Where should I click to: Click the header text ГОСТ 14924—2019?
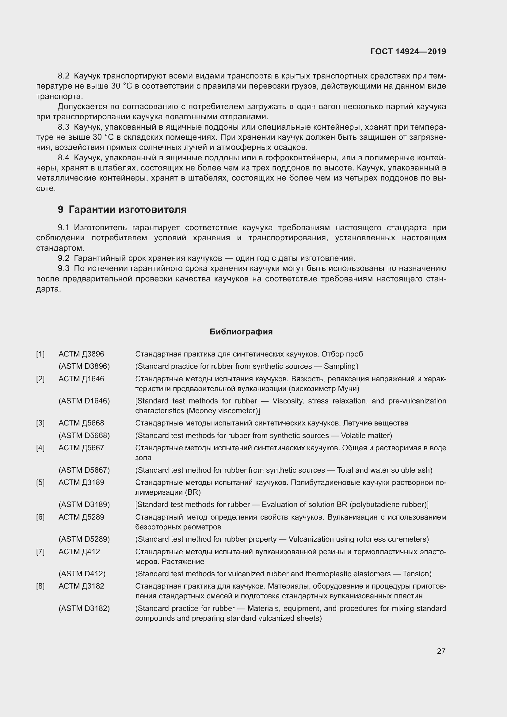click(x=408, y=51)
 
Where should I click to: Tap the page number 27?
click(x=441, y=651)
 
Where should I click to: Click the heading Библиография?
click(x=241, y=332)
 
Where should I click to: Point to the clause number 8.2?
click(x=64, y=76)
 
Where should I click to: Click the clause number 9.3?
click(x=64, y=268)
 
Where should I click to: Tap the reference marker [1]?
click(x=40, y=354)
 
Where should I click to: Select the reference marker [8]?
click(x=40, y=586)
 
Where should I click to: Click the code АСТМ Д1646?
click(x=81, y=379)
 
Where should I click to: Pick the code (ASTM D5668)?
click(x=84, y=435)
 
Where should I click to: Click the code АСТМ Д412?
click(x=79, y=551)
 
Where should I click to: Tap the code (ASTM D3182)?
click(x=84, y=608)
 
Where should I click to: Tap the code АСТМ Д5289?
click(x=81, y=517)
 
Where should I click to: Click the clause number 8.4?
click(x=64, y=158)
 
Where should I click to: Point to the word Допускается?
click(x=82, y=107)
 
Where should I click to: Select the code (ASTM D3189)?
click(x=84, y=504)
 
